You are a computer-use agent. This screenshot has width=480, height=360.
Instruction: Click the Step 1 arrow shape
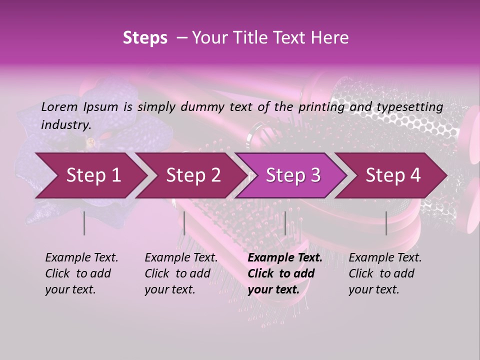point(90,175)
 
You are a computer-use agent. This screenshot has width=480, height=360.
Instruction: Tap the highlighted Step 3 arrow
point(292,175)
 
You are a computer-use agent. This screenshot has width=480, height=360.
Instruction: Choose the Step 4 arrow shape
point(392,175)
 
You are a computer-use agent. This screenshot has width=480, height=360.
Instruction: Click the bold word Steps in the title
point(145,38)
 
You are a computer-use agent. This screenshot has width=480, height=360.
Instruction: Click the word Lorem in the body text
point(59,106)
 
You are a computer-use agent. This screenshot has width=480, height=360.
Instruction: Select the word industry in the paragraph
point(65,124)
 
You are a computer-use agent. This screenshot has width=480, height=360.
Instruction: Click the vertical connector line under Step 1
point(84,223)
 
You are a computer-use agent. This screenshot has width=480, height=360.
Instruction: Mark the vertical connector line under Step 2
point(184,223)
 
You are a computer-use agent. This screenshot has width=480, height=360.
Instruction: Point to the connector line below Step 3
point(285,223)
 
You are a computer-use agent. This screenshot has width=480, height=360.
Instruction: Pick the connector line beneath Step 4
point(386,223)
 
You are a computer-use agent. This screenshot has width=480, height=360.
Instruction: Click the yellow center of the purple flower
point(90,143)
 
